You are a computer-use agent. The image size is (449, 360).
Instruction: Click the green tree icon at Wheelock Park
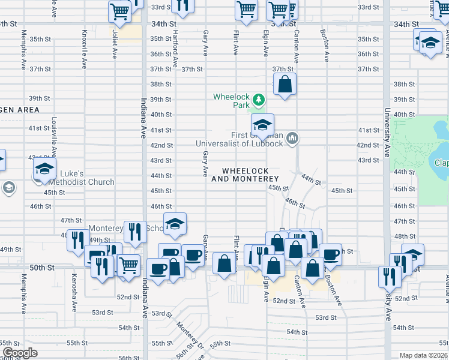(x=258, y=99)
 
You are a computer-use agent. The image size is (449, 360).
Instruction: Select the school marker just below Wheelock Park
(x=262, y=125)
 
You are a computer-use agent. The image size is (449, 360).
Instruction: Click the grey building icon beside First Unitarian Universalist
(x=292, y=139)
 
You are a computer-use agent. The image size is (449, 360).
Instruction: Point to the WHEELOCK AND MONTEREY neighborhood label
(x=246, y=175)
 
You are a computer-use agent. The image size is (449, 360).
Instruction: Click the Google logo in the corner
(x=19, y=352)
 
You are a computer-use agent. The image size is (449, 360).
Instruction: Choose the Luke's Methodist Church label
(x=76, y=182)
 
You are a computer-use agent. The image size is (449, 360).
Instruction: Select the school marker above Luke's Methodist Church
(x=44, y=169)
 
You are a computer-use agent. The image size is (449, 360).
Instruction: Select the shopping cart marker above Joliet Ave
(x=119, y=11)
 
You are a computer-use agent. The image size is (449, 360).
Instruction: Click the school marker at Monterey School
(x=175, y=224)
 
